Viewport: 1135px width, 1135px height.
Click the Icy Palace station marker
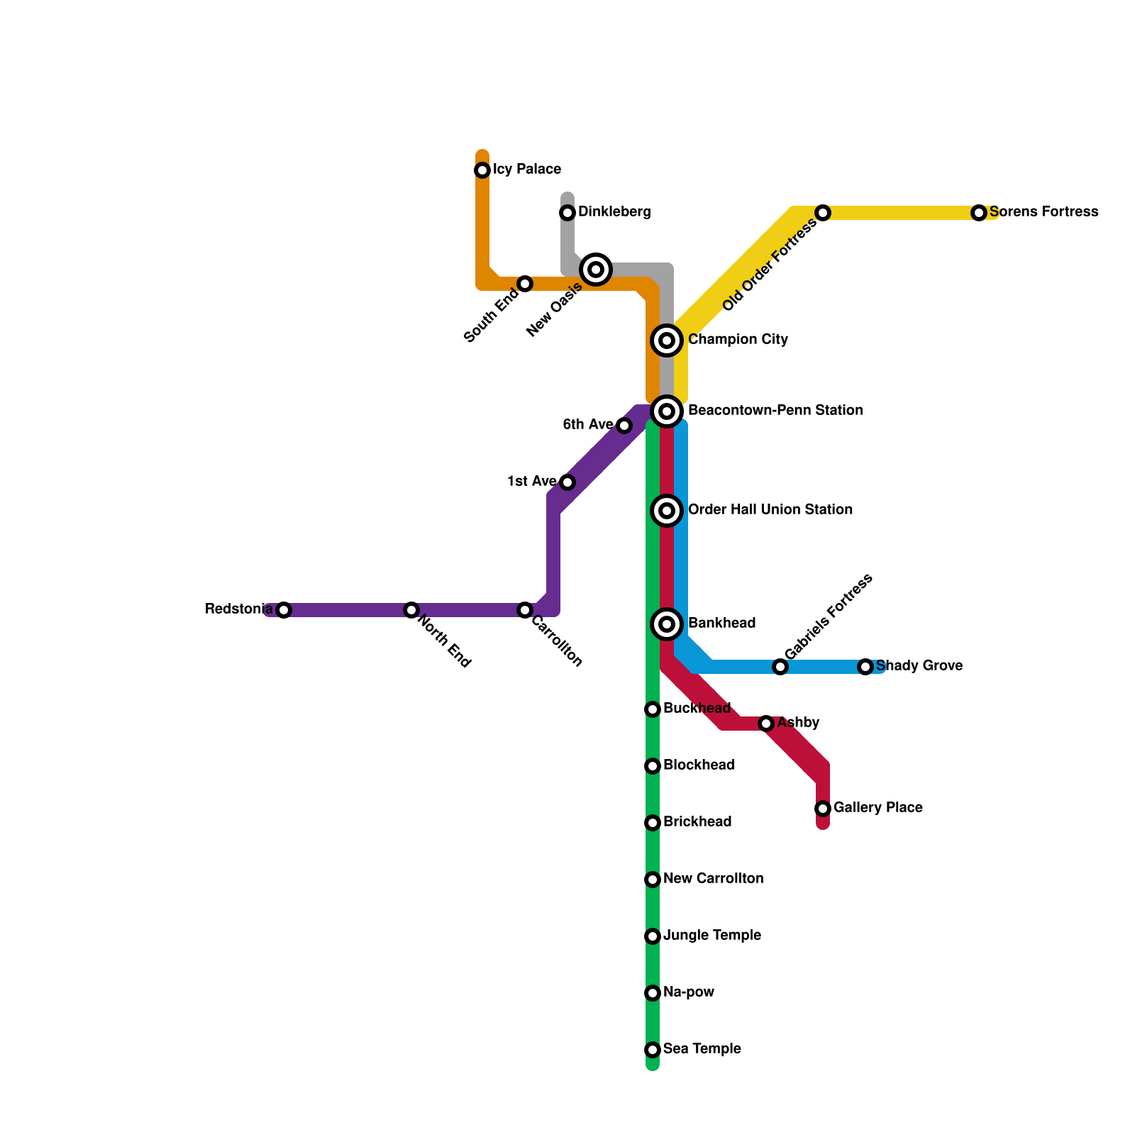(482, 170)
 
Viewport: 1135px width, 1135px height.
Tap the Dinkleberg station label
(614, 212)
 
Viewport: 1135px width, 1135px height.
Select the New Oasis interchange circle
(596, 270)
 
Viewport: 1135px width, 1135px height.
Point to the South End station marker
(525, 284)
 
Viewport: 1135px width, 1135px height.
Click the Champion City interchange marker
(667, 340)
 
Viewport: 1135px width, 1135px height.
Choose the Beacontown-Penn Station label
(775, 411)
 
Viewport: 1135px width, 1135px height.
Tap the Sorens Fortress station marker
(979, 213)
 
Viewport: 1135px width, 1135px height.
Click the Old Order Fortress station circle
(823, 213)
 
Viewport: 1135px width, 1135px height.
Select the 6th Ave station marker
(624, 426)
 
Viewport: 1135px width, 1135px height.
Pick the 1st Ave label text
(531, 482)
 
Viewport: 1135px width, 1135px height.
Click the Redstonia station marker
(284, 610)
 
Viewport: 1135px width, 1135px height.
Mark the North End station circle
(411, 610)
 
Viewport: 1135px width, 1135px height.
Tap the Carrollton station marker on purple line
(525, 610)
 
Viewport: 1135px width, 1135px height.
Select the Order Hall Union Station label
(770, 510)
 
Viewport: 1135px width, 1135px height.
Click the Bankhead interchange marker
(667, 624)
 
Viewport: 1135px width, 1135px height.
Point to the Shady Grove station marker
(865, 667)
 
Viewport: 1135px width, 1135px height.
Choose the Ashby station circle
(766, 724)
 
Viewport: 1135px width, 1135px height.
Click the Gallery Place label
(877, 808)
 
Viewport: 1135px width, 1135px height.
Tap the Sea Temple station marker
(653, 1050)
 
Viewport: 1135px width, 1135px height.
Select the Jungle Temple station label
(712, 936)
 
